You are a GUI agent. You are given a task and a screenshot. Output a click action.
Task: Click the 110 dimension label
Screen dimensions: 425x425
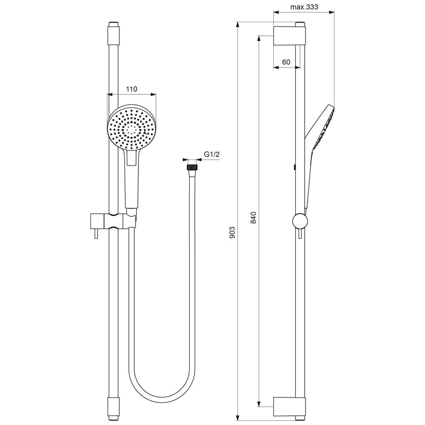131,89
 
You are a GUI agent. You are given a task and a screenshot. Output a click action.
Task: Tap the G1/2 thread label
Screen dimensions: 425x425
212,155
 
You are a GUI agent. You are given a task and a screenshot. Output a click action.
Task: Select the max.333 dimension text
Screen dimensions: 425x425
304,7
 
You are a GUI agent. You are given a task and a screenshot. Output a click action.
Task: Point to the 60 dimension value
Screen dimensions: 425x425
286,62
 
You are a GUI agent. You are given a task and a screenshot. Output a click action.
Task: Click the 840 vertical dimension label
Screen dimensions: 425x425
253,218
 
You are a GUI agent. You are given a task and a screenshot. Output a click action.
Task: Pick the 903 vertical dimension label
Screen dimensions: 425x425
232,232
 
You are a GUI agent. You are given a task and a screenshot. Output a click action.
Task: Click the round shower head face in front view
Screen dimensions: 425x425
132,127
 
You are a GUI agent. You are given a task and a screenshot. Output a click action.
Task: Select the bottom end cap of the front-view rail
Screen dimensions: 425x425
113,409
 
